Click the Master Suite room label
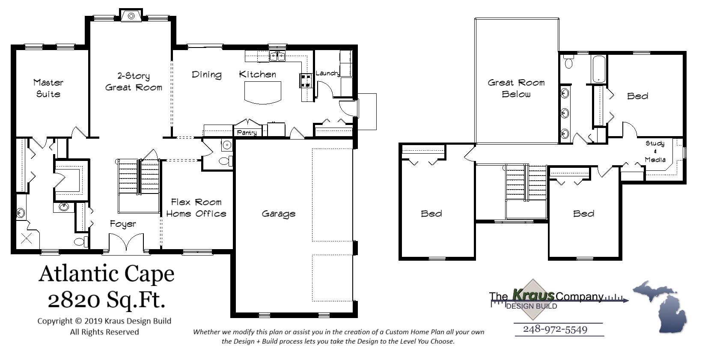coord(48,88)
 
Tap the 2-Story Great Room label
coord(134,82)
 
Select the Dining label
coord(206,74)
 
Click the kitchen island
coord(263,92)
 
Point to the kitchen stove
coord(305,80)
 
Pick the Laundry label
coord(327,73)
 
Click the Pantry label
coord(247,133)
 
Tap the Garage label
coord(279,214)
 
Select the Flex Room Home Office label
coord(196,208)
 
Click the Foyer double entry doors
coord(125,244)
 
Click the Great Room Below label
coord(516,88)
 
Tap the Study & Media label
coord(655,152)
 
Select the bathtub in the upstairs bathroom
coord(598,68)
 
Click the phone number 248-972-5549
coord(555,329)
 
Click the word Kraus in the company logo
coord(533,295)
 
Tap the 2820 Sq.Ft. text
coord(106,300)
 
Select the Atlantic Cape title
coord(107,274)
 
